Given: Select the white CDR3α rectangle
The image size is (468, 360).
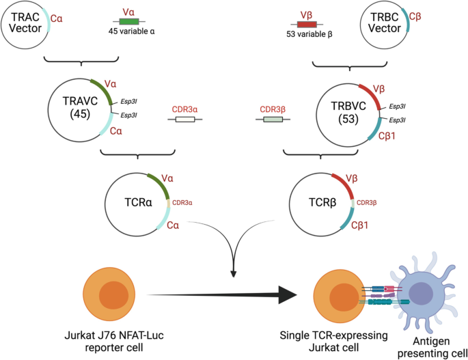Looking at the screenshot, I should (x=185, y=120).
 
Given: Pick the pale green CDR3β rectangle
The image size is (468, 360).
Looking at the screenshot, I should (x=273, y=120).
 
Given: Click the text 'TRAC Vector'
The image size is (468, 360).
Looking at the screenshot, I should (x=24, y=23).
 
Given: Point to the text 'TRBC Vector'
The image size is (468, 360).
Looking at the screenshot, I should (x=380, y=23).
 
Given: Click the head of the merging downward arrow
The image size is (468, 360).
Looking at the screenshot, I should (x=234, y=273).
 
